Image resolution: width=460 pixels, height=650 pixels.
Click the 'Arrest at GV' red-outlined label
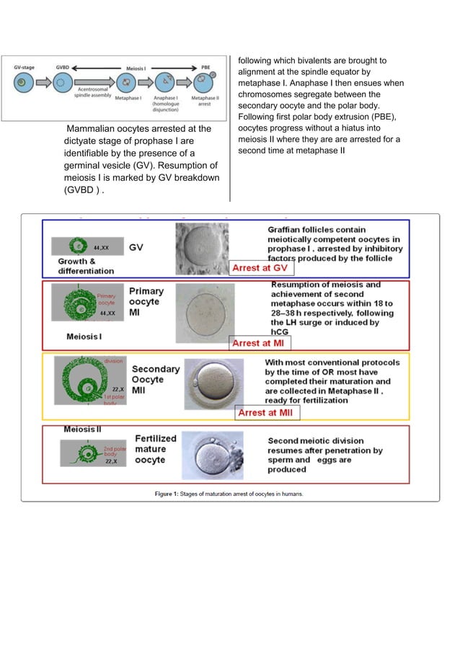coord(259,268)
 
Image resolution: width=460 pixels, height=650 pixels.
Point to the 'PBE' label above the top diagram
coord(205,66)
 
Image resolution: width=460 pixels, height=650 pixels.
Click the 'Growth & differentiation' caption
coord(86,266)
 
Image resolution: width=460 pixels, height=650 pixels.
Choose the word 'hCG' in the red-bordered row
coord(280,332)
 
